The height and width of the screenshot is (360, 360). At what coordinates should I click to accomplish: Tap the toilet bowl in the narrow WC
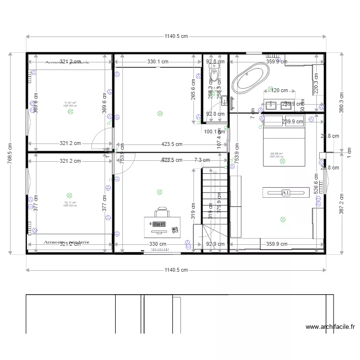click(x=215, y=75)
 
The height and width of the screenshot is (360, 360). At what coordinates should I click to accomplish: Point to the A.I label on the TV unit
click(x=286, y=192)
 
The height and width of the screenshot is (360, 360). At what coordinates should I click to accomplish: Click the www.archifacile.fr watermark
click(x=330, y=327)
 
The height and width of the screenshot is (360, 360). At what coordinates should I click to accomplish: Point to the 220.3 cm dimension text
click(x=315, y=84)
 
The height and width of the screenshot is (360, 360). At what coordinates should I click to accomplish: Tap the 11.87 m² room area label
click(x=70, y=103)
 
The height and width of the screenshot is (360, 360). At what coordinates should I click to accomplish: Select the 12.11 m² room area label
click(x=70, y=203)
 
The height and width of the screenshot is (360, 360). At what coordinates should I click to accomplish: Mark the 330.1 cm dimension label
click(x=158, y=61)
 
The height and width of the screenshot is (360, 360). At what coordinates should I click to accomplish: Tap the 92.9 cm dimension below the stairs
click(x=215, y=244)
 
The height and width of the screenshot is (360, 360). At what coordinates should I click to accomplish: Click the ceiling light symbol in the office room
click(x=159, y=192)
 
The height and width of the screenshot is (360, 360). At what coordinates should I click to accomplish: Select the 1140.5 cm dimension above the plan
click(x=176, y=36)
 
